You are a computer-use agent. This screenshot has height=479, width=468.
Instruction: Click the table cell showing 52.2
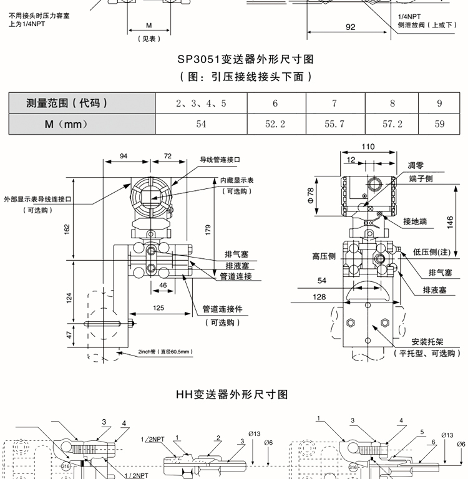275,124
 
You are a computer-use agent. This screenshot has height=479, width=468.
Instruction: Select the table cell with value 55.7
334,124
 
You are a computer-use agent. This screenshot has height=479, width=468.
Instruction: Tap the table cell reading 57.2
392,124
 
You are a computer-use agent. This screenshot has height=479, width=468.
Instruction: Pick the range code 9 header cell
439,104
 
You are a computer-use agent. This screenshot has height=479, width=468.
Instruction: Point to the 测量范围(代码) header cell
67,104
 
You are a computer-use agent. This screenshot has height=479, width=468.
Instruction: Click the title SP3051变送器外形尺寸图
245,59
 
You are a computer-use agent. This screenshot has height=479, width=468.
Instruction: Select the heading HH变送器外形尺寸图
232,394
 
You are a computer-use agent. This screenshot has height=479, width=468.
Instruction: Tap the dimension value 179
208,228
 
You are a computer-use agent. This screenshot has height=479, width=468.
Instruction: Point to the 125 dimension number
159,307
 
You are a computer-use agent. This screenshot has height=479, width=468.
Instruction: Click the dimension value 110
368,147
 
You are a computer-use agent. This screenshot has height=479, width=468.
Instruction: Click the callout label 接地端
415,221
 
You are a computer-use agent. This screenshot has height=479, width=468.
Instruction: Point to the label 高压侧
324,256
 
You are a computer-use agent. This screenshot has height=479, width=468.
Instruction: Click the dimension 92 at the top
349,27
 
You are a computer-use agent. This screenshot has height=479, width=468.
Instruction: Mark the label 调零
416,165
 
